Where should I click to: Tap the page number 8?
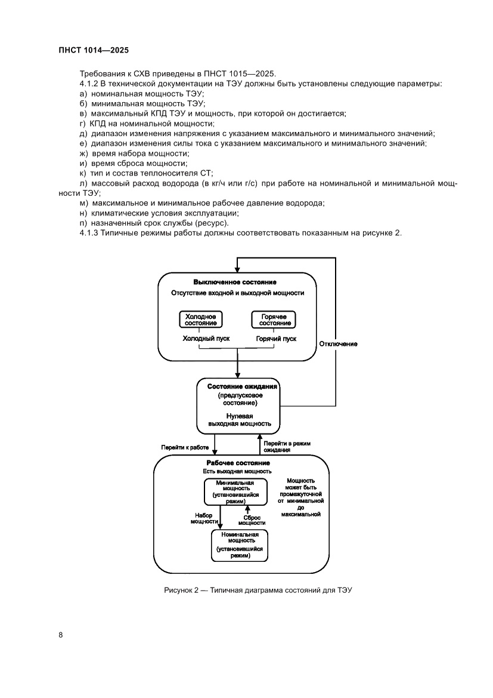[x=61, y=634]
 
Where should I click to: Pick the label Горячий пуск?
[x=276, y=339]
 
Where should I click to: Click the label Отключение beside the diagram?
[x=338, y=344]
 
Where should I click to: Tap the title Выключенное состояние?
[x=235, y=282]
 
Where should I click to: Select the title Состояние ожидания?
[x=238, y=386]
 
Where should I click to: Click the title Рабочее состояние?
[x=238, y=463]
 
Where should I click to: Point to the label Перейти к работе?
[x=185, y=447]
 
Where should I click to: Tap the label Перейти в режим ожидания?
[x=287, y=447]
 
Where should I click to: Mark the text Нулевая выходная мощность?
[x=240, y=419]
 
